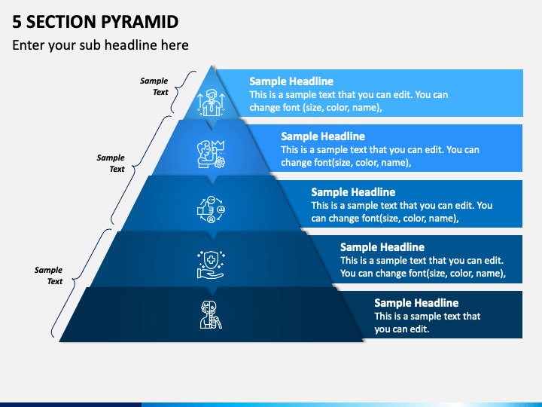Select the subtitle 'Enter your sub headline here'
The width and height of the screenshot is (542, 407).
pyautogui.click(x=100, y=45)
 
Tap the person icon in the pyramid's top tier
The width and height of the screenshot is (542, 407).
pyautogui.click(x=211, y=102)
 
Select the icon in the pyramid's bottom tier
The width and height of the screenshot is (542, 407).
pyautogui.click(x=211, y=314)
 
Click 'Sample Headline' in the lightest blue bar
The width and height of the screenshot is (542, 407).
pyautogui.click(x=291, y=81)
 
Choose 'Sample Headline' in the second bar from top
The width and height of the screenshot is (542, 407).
pyautogui.click(x=323, y=136)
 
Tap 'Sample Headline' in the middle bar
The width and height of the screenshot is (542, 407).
pyautogui.click(x=353, y=192)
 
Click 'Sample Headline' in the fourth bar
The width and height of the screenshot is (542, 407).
pyautogui.click(x=382, y=247)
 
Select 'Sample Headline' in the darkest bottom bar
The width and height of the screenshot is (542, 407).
pyautogui.click(x=416, y=303)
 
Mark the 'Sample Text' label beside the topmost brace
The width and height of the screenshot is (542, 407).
pyautogui.click(x=154, y=87)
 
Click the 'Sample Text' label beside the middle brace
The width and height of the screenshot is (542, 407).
pyautogui.click(x=111, y=164)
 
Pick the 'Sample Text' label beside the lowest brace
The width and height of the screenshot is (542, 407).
pyautogui.click(x=49, y=275)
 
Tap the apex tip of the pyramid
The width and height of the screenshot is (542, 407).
pyautogui.click(x=213, y=67)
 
